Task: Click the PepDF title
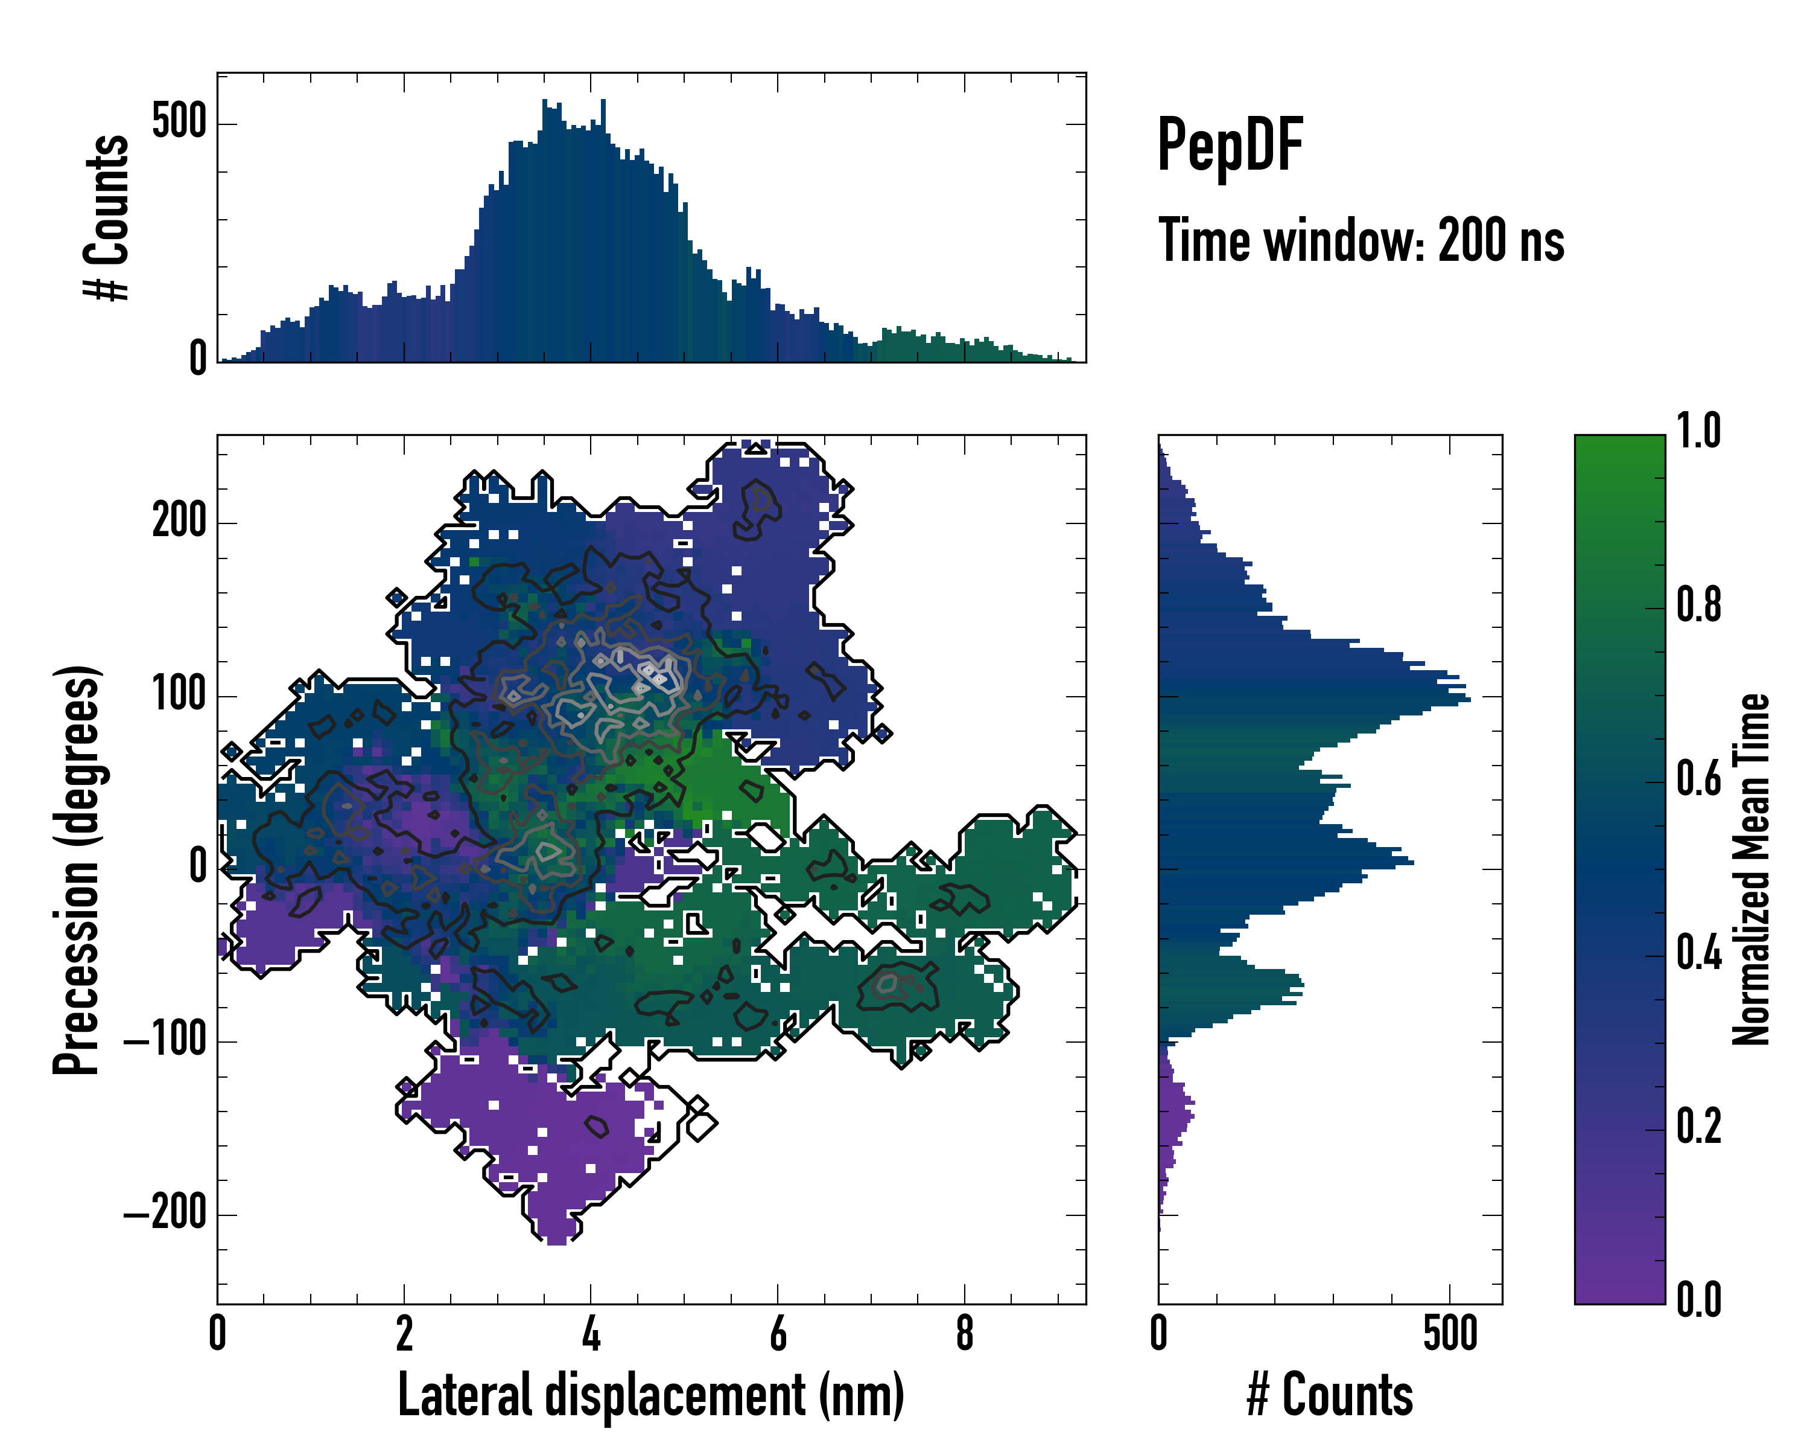(1230, 146)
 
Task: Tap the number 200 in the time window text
(1474, 240)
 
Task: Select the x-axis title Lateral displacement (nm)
(650, 1396)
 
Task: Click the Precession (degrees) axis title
(77, 869)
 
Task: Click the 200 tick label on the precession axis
(179, 522)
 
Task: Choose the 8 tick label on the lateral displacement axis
(965, 1334)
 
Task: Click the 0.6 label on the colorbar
(1698, 779)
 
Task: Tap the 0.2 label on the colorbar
(1698, 1127)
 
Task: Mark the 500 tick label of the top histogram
(179, 122)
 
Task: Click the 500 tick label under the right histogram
(1450, 1334)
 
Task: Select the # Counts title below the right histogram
(1330, 1396)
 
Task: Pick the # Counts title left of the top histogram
(107, 217)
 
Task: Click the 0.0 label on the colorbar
(1698, 1300)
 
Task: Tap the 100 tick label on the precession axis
(179, 695)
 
